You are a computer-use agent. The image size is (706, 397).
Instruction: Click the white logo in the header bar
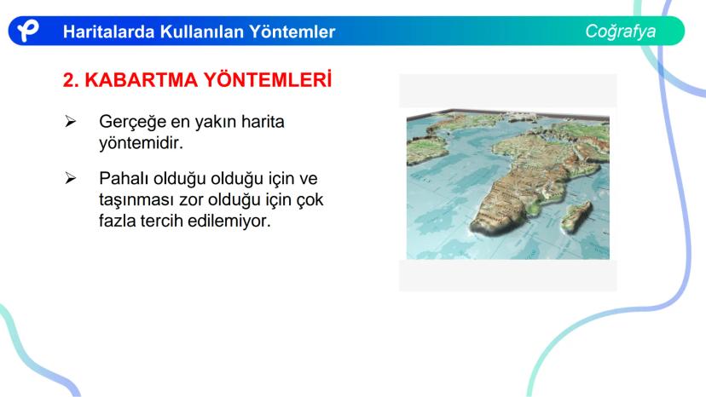pyautogui.click(x=28, y=31)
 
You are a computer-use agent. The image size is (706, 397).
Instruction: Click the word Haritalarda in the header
pyautogui.click(x=108, y=32)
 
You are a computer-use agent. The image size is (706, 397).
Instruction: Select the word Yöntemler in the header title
pyautogui.click(x=292, y=32)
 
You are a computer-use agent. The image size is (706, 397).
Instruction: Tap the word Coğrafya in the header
pyautogui.click(x=621, y=32)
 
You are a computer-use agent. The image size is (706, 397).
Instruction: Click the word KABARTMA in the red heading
pyautogui.click(x=142, y=80)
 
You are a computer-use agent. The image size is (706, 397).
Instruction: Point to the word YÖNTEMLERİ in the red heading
pyautogui.click(x=268, y=80)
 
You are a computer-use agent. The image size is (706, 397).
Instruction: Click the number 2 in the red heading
pyautogui.click(x=70, y=80)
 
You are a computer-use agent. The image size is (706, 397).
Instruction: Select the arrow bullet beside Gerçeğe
pyautogui.click(x=70, y=121)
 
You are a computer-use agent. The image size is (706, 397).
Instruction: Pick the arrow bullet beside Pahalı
pyautogui.click(x=70, y=178)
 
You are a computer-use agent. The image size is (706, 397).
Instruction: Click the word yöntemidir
pyautogui.click(x=141, y=144)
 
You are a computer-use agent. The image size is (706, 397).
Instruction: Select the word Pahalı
pyautogui.click(x=124, y=178)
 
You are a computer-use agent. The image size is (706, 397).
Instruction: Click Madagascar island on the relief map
pyautogui.click(x=576, y=217)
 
